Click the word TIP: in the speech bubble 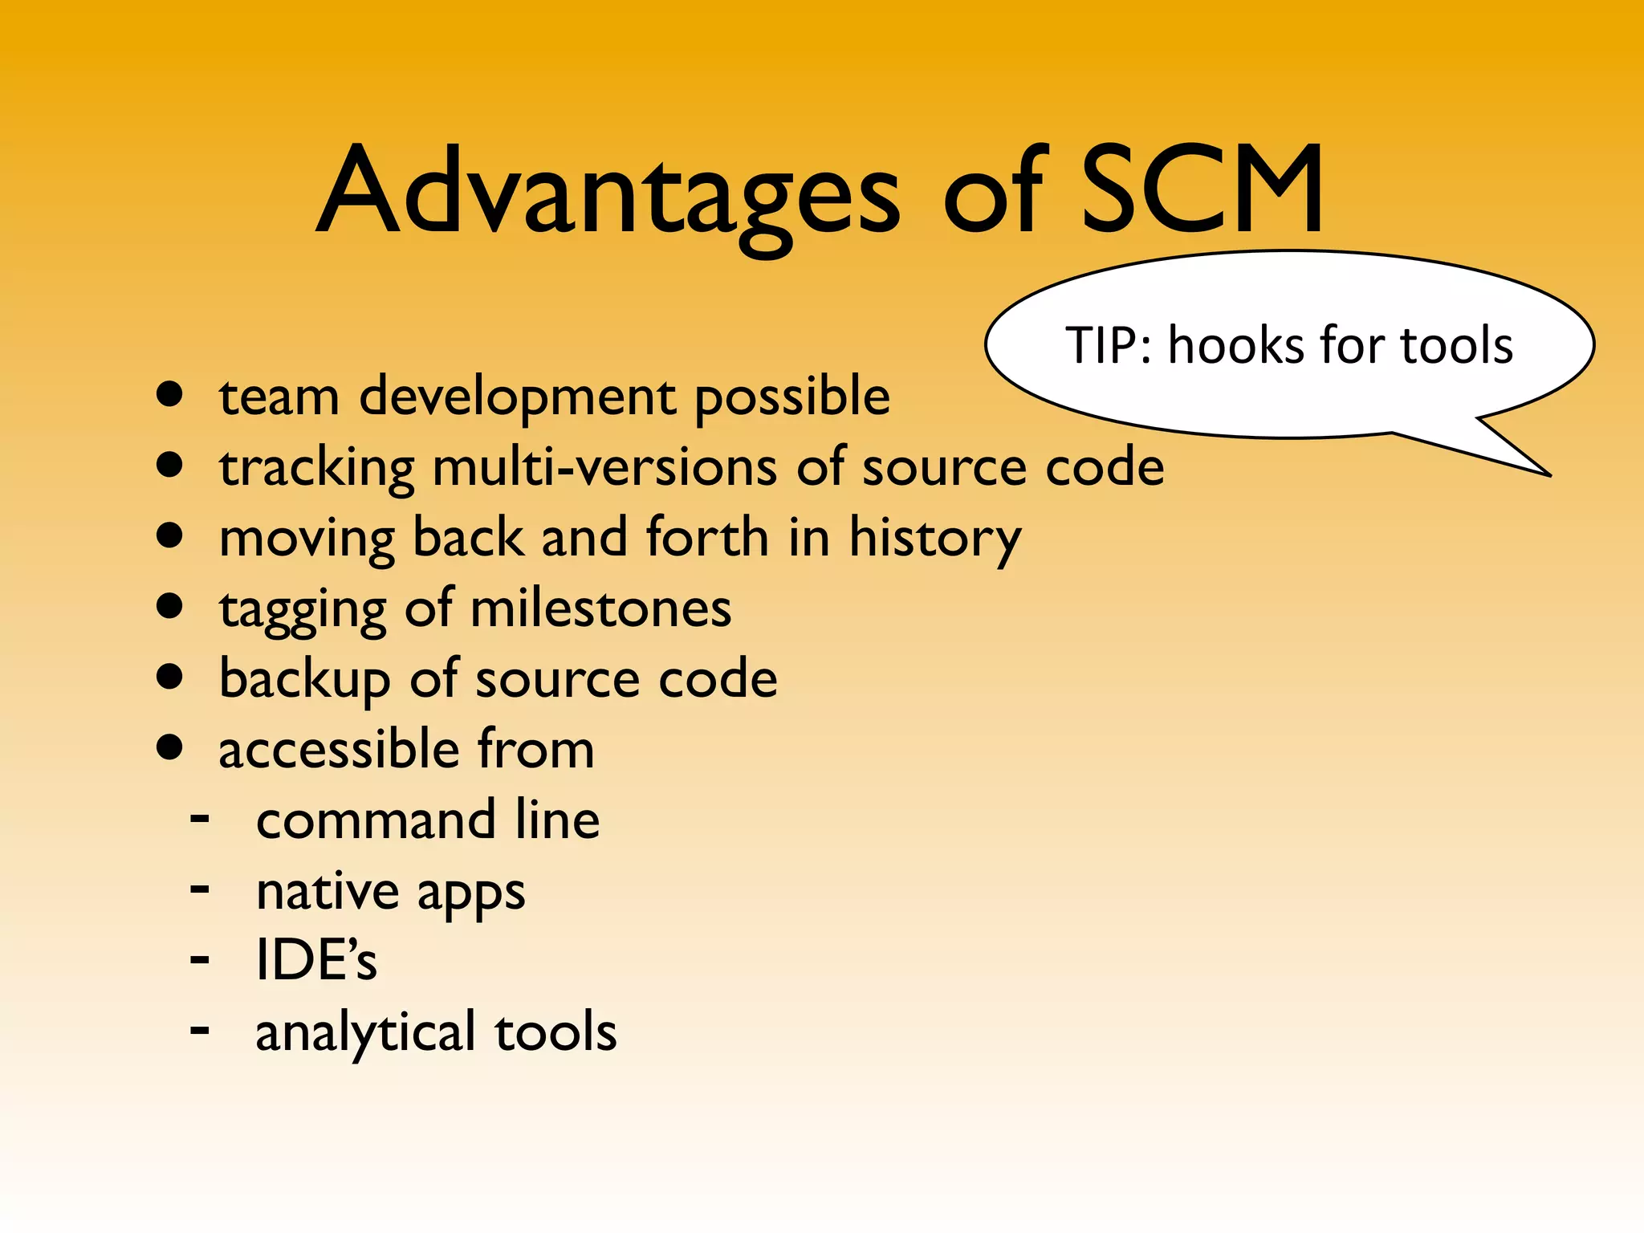1111,346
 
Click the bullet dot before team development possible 169,394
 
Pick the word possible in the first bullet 791,397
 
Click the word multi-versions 604,467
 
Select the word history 935,539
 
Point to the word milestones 600,608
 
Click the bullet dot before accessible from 169,747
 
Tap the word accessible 339,750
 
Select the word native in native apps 327,891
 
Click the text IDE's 315,960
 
